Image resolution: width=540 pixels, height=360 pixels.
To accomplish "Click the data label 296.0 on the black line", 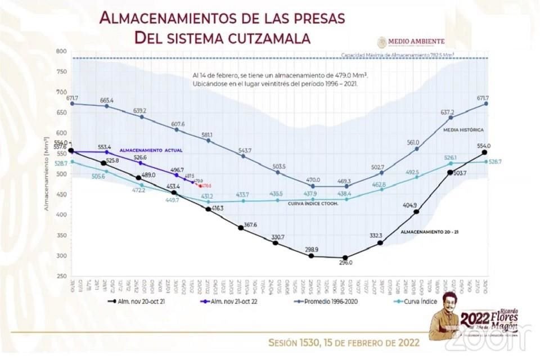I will (346, 263).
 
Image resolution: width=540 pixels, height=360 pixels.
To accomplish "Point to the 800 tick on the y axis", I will (61, 51).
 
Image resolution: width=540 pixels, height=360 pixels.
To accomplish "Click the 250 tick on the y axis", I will (61, 276).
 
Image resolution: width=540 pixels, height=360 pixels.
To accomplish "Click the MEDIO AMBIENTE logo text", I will (418, 41).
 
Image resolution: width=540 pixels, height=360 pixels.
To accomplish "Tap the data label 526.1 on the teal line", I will (450, 157).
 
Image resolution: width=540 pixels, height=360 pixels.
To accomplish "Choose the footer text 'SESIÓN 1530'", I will (296, 343).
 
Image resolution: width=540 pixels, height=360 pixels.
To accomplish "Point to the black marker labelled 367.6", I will (241, 228).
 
